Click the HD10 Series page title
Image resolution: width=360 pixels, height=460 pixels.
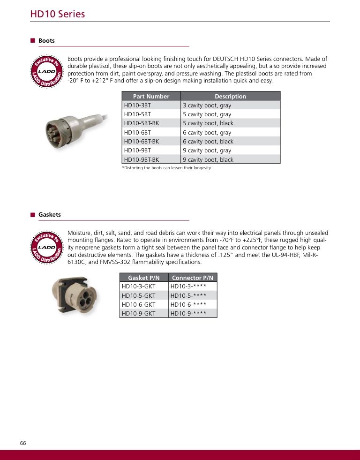coord(58,14)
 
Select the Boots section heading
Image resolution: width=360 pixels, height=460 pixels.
coord(46,41)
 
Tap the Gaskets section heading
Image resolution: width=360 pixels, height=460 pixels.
coord(49,215)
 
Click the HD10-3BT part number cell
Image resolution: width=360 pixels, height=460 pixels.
coord(137,106)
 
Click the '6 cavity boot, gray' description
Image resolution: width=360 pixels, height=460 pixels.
coord(207,133)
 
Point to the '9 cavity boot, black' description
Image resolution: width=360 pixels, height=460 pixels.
coord(208,159)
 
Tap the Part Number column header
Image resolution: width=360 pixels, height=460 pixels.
coord(151,96)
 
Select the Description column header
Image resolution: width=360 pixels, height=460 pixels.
coord(230,96)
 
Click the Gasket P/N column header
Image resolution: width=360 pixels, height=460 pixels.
coord(144,278)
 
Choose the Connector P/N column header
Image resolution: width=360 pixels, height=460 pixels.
coord(193,278)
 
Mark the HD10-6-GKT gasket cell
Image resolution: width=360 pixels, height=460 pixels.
coord(138,304)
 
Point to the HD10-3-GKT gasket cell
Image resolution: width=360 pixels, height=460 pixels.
coord(138,286)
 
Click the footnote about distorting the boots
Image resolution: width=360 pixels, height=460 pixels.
coord(166,168)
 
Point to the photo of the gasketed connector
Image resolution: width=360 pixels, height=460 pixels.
coord(73,294)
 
